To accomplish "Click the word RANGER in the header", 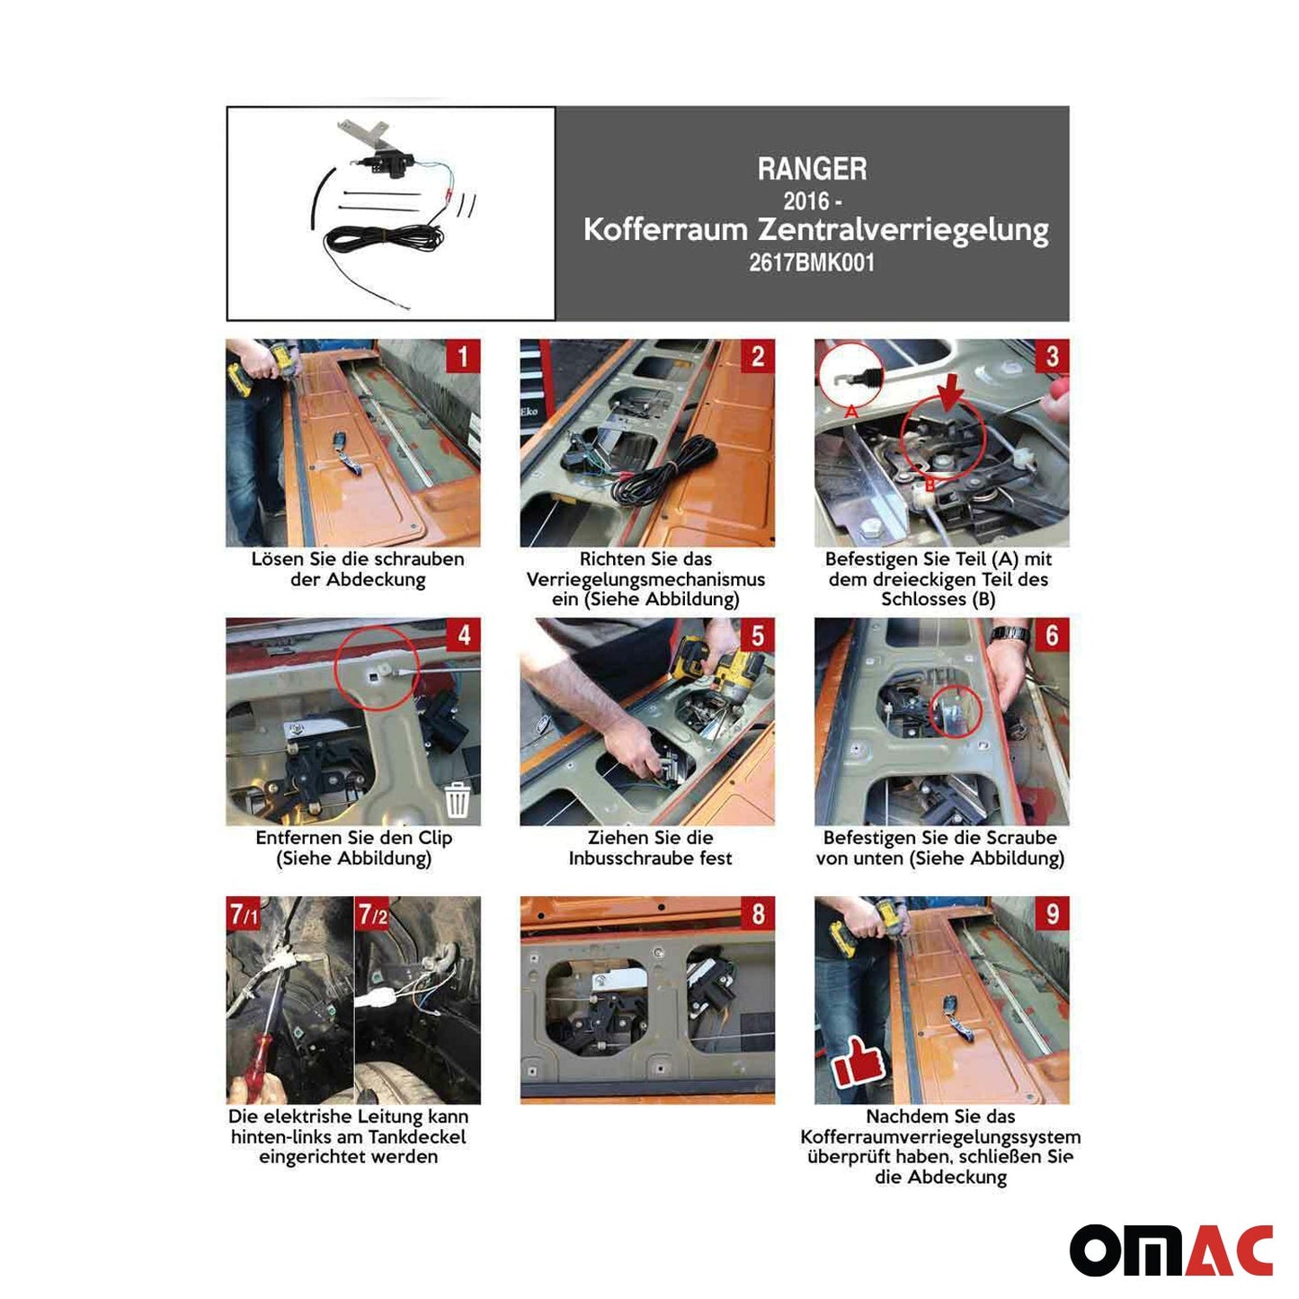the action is click(x=812, y=169).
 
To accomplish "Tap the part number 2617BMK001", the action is click(x=812, y=262).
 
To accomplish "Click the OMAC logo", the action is click(x=1170, y=1251).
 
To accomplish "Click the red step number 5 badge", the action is click(x=757, y=635).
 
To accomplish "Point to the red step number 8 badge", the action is click(x=757, y=913).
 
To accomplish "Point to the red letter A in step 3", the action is click(x=851, y=412).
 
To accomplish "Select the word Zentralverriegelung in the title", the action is click(x=903, y=230).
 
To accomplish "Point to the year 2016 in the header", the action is click(x=805, y=200).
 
